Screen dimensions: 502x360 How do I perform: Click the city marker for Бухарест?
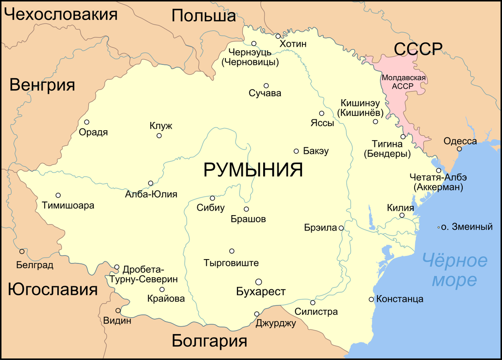[259, 281]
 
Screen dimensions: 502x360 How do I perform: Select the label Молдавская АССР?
[404, 82]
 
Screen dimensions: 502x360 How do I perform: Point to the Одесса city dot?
[459, 149]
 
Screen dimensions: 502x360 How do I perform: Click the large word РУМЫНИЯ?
[253, 170]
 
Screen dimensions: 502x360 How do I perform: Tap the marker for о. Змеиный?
[438, 227]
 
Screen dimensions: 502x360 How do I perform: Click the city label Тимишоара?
[68, 206]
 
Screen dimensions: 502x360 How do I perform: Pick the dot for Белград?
[22, 252]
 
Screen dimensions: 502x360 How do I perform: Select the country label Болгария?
[209, 341]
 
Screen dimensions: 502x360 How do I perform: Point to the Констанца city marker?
[371, 299]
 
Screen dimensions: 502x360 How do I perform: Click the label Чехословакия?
[61, 15]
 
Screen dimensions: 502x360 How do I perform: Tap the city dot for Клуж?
[159, 136]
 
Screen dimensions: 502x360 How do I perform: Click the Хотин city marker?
[278, 36]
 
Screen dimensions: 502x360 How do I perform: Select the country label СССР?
[418, 49]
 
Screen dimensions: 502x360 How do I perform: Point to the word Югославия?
[52, 289]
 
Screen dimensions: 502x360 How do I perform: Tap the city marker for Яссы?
[322, 113]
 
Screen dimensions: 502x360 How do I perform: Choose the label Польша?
[204, 16]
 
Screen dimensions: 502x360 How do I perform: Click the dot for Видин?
[118, 311]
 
